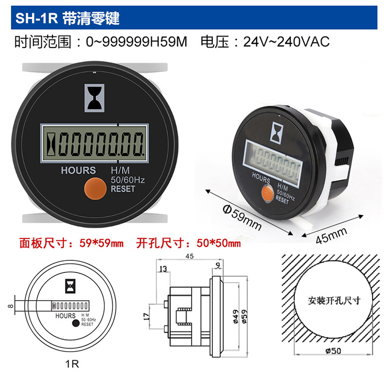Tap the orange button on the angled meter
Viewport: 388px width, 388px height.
[266, 193]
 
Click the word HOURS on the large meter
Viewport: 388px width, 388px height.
[79, 170]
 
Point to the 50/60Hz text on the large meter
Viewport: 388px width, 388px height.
[128, 180]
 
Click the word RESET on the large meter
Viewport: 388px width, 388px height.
[123, 189]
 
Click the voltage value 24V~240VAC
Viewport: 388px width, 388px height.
[287, 42]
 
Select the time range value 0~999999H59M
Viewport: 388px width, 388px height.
[136, 42]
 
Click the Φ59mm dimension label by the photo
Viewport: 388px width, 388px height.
[241, 217]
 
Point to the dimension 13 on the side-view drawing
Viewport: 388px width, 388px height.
[162, 269]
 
